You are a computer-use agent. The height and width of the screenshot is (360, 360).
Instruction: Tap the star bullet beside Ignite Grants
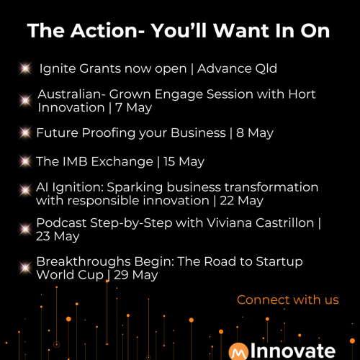tap(25, 68)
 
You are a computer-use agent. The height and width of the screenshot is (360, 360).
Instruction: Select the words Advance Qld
tap(237, 68)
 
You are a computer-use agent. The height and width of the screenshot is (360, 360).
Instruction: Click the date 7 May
tap(133, 108)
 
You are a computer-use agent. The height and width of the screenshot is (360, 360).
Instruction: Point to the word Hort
tap(302, 94)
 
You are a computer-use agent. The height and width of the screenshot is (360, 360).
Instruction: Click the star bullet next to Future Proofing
tap(25, 132)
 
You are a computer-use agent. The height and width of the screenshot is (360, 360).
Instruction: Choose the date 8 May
tap(255, 133)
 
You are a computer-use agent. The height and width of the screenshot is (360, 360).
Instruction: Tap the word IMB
tap(75, 161)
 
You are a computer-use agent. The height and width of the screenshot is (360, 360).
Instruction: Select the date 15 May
tap(184, 161)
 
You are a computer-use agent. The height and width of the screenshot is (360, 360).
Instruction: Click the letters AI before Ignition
tap(42, 187)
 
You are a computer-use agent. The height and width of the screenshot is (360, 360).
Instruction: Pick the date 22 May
tap(241, 201)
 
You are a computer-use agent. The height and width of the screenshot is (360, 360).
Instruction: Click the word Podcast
tap(61, 223)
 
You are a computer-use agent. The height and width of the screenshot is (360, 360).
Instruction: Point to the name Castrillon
tap(284, 223)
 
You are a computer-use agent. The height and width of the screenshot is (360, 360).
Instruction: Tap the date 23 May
tap(58, 236)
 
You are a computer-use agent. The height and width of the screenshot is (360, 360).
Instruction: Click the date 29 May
tap(136, 275)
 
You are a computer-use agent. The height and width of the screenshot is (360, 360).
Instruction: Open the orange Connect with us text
tap(288, 300)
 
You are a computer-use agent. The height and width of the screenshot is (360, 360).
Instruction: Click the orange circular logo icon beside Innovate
tap(238, 352)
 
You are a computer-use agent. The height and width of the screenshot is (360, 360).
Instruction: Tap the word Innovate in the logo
tap(293, 351)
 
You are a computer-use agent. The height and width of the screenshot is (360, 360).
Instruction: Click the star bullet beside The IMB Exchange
tap(25, 161)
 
